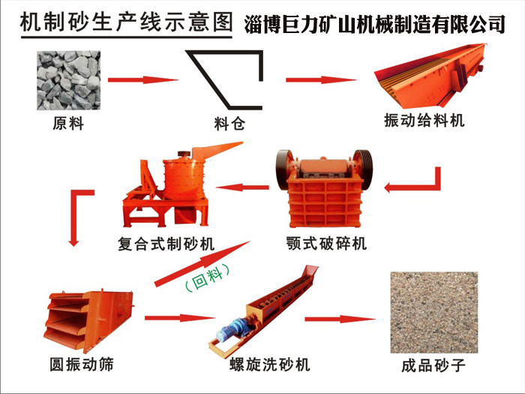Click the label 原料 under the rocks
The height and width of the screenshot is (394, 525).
point(68,123)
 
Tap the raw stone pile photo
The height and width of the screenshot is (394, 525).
point(69,80)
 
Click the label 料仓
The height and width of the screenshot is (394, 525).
point(229,124)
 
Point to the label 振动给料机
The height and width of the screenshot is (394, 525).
point(424,121)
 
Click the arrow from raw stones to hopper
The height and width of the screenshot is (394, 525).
point(143,80)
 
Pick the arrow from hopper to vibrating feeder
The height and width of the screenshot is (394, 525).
point(321,80)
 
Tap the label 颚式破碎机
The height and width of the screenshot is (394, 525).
point(326,243)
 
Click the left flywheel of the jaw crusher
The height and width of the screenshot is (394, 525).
point(283,170)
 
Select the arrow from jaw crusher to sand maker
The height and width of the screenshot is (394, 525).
point(242,187)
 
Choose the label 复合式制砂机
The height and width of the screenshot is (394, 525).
point(166,244)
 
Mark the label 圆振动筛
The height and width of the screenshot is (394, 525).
point(82,364)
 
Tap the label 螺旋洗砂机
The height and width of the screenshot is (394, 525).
point(270,365)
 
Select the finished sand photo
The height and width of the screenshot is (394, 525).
point(434,312)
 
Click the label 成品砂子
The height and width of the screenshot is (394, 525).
point(434,365)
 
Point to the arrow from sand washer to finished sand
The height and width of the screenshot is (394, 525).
point(340,319)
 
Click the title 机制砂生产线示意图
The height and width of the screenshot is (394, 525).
point(126,23)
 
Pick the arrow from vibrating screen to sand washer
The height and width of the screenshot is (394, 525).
point(180,318)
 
